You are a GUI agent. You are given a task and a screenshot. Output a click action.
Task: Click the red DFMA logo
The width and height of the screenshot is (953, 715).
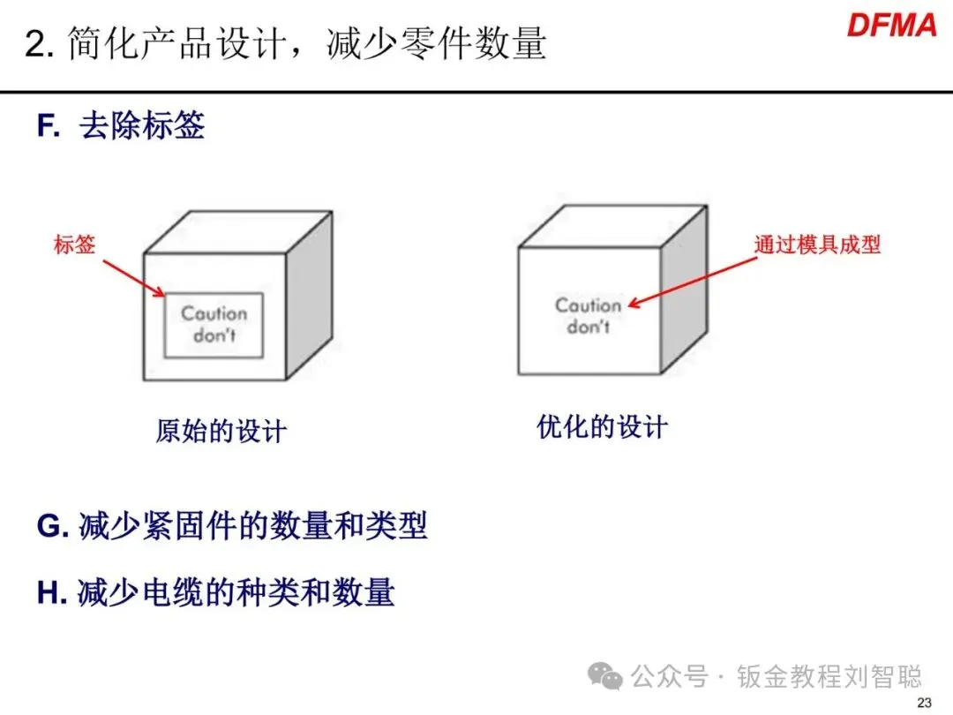891,25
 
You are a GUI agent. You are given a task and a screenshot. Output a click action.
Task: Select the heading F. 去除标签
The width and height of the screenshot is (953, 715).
121,126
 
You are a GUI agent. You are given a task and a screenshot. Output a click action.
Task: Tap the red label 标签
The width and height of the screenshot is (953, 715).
75,245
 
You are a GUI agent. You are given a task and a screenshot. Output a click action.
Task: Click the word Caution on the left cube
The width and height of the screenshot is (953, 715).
214,313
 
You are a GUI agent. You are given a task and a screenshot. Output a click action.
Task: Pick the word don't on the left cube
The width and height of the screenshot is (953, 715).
214,335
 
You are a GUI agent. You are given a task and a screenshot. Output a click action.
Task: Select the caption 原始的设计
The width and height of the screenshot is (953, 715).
221,432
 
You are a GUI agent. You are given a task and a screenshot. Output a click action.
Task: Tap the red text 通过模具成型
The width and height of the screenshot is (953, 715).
817,245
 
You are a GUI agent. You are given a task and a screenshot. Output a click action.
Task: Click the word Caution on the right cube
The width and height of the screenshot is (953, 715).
588,305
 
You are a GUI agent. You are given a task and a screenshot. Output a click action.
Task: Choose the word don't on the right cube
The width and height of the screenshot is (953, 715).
588,327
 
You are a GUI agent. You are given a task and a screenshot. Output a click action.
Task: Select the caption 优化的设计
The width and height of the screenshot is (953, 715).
602,428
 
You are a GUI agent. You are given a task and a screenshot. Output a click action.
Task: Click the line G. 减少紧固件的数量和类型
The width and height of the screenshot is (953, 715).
232,526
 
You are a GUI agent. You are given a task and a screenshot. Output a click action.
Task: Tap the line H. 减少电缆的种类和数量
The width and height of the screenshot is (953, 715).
215,593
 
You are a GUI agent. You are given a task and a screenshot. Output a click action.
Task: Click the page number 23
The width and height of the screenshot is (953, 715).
925,703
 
